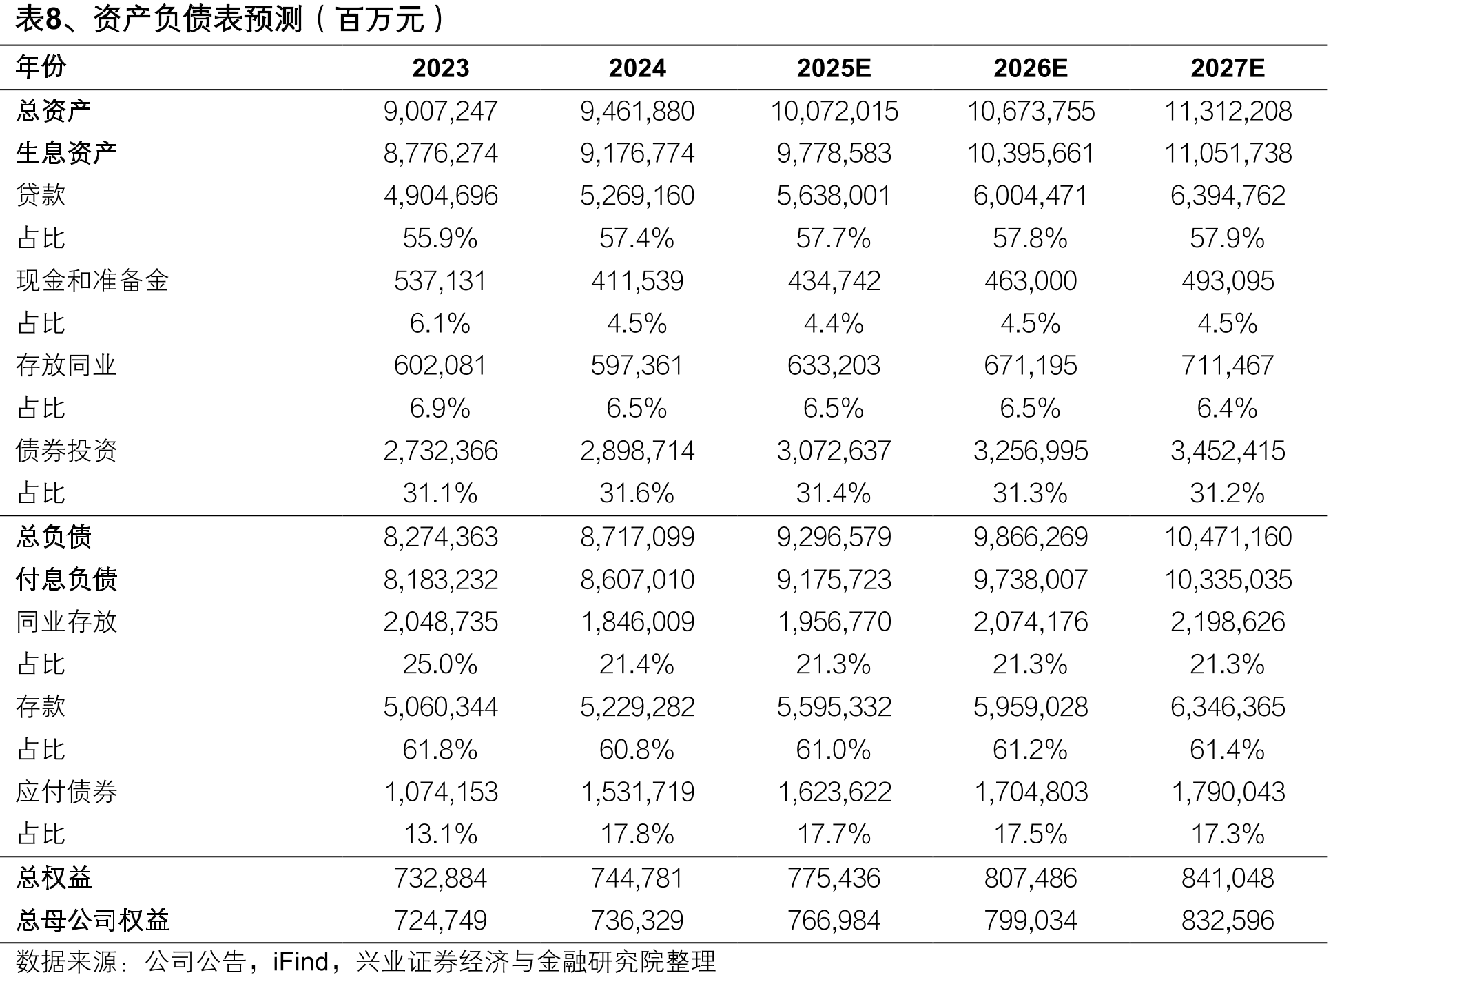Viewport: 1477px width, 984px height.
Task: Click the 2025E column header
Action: tap(834, 68)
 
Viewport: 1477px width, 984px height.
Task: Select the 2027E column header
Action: tap(1228, 68)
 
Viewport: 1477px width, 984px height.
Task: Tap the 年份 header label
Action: tap(41, 67)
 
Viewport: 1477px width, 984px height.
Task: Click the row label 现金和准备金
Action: tap(92, 280)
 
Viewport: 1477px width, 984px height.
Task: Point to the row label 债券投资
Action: tap(66, 451)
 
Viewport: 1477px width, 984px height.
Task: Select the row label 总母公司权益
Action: tap(92, 920)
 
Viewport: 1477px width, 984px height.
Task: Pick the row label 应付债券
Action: tap(66, 792)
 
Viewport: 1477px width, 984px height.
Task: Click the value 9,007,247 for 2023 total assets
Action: tap(440, 111)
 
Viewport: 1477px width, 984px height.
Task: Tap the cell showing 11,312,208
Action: tap(1228, 111)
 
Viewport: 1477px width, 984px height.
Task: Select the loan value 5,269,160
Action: tap(637, 196)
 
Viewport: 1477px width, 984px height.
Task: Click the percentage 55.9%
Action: tap(440, 238)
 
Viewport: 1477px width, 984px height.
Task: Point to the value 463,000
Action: tap(1031, 281)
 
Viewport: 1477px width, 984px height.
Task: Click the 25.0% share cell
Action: tap(440, 664)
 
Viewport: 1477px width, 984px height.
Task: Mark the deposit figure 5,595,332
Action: tap(834, 707)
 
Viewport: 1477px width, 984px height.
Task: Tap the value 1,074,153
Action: tap(440, 792)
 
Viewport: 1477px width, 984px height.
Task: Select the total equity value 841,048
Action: tap(1228, 878)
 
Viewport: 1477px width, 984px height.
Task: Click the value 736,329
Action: tap(637, 921)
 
